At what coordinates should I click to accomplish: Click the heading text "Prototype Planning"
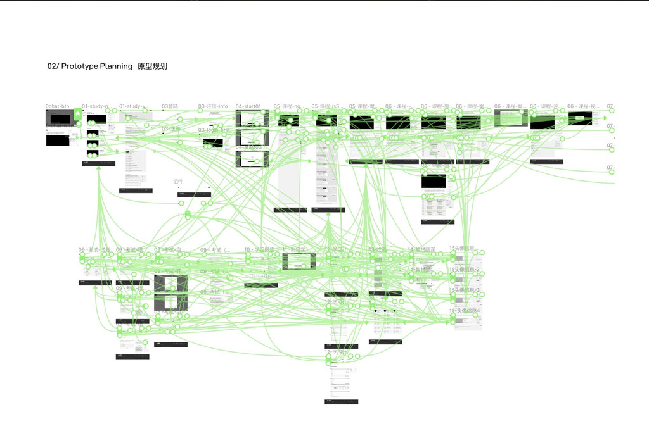tap(97, 66)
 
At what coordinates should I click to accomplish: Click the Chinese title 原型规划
tap(152, 66)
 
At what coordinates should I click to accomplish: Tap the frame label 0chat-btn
tap(57, 106)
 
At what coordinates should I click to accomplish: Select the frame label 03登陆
tap(170, 106)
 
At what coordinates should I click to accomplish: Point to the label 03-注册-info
tap(213, 106)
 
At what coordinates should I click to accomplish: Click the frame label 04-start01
tap(248, 106)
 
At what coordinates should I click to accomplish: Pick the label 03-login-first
tap(214, 130)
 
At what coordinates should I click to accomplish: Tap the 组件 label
tap(178, 182)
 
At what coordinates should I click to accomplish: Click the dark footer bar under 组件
tap(194, 195)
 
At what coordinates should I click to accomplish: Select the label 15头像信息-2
tap(465, 270)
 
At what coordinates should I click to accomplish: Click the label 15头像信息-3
tap(465, 290)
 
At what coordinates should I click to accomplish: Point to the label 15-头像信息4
tap(465, 311)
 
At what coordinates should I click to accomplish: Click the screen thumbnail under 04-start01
tap(252, 118)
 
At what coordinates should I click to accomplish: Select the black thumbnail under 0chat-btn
tap(61, 118)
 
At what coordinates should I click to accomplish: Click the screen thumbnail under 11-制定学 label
tap(299, 261)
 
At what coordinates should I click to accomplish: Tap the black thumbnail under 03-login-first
tap(213, 143)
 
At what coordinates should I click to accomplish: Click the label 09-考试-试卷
tap(94, 249)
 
